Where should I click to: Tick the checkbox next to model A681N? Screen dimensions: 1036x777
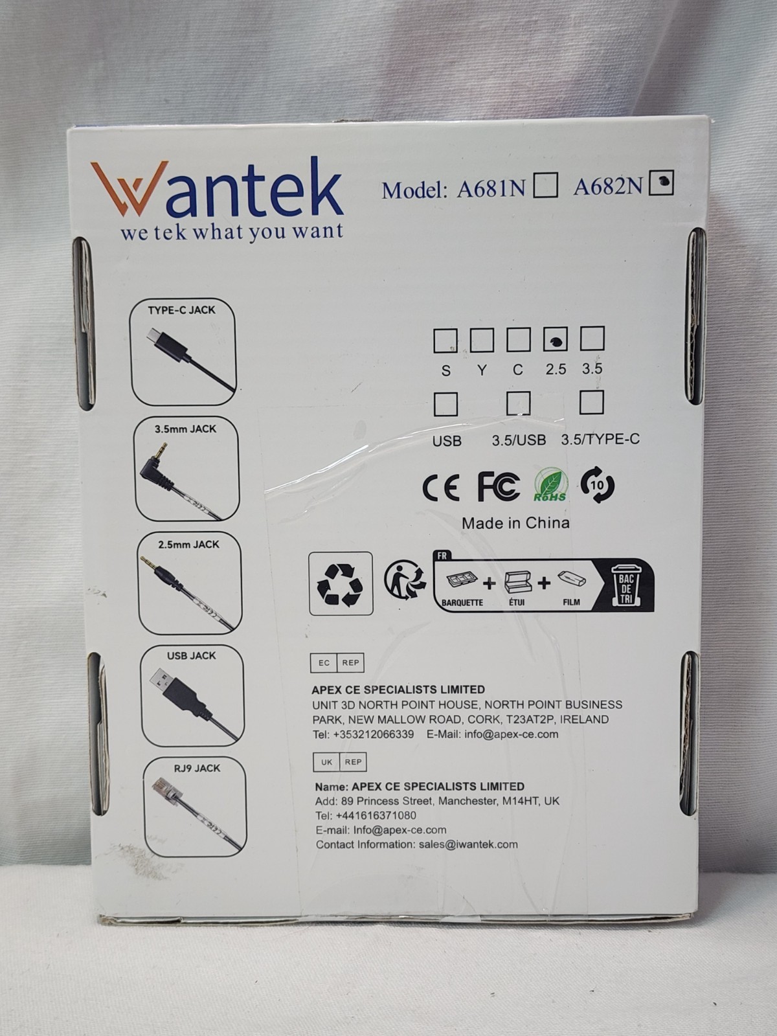(545, 186)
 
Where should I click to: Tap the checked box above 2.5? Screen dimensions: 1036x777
(555, 339)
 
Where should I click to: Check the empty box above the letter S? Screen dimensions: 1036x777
(445, 340)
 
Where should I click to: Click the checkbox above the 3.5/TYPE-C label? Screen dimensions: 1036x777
(591, 403)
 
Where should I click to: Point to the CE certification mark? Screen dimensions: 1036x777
(441, 487)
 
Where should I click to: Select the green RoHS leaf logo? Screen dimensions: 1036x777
(550, 486)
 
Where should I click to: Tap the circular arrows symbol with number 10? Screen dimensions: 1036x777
(597, 485)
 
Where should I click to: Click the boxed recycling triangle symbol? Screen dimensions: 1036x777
(341, 583)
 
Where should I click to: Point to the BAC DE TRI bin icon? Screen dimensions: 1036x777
(626, 583)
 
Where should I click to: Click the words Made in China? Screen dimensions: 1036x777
(515, 523)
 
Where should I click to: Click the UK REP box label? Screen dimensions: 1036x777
(339, 762)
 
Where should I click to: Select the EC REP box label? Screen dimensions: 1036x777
(337, 663)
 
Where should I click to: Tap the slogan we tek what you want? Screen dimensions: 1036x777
(231, 232)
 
